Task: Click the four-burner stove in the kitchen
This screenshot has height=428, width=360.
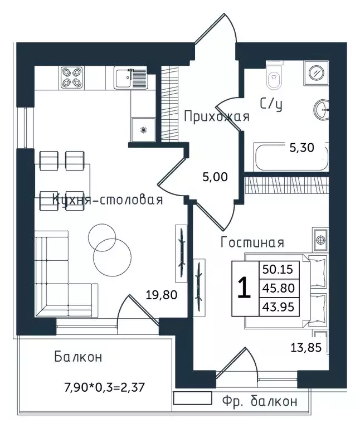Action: click(72, 77)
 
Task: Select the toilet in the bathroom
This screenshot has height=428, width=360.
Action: click(274, 75)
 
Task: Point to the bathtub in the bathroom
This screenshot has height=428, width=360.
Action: click(291, 157)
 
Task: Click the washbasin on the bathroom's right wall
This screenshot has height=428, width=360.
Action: click(321, 110)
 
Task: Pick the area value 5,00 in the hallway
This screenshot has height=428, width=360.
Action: click(215, 177)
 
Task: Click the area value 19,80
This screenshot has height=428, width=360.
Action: click(162, 295)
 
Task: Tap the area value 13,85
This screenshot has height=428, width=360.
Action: click(306, 348)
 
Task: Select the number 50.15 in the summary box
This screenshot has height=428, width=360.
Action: click(278, 269)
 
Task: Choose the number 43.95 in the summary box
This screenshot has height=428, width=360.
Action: click(278, 307)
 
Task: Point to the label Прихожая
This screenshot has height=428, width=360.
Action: click(217, 116)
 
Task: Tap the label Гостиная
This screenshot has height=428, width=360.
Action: click(252, 242)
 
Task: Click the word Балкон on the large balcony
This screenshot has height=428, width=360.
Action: click(78, 357)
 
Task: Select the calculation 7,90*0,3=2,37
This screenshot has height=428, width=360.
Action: click(104, 387)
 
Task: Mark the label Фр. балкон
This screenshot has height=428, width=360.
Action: click(260, 401)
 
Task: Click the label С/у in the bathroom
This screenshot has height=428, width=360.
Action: click(271, 104)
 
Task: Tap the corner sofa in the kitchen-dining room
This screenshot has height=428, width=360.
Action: click(66, 274)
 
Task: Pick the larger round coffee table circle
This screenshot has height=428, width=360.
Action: click(112, 257)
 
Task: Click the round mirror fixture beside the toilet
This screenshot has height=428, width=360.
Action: click(317, 73)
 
